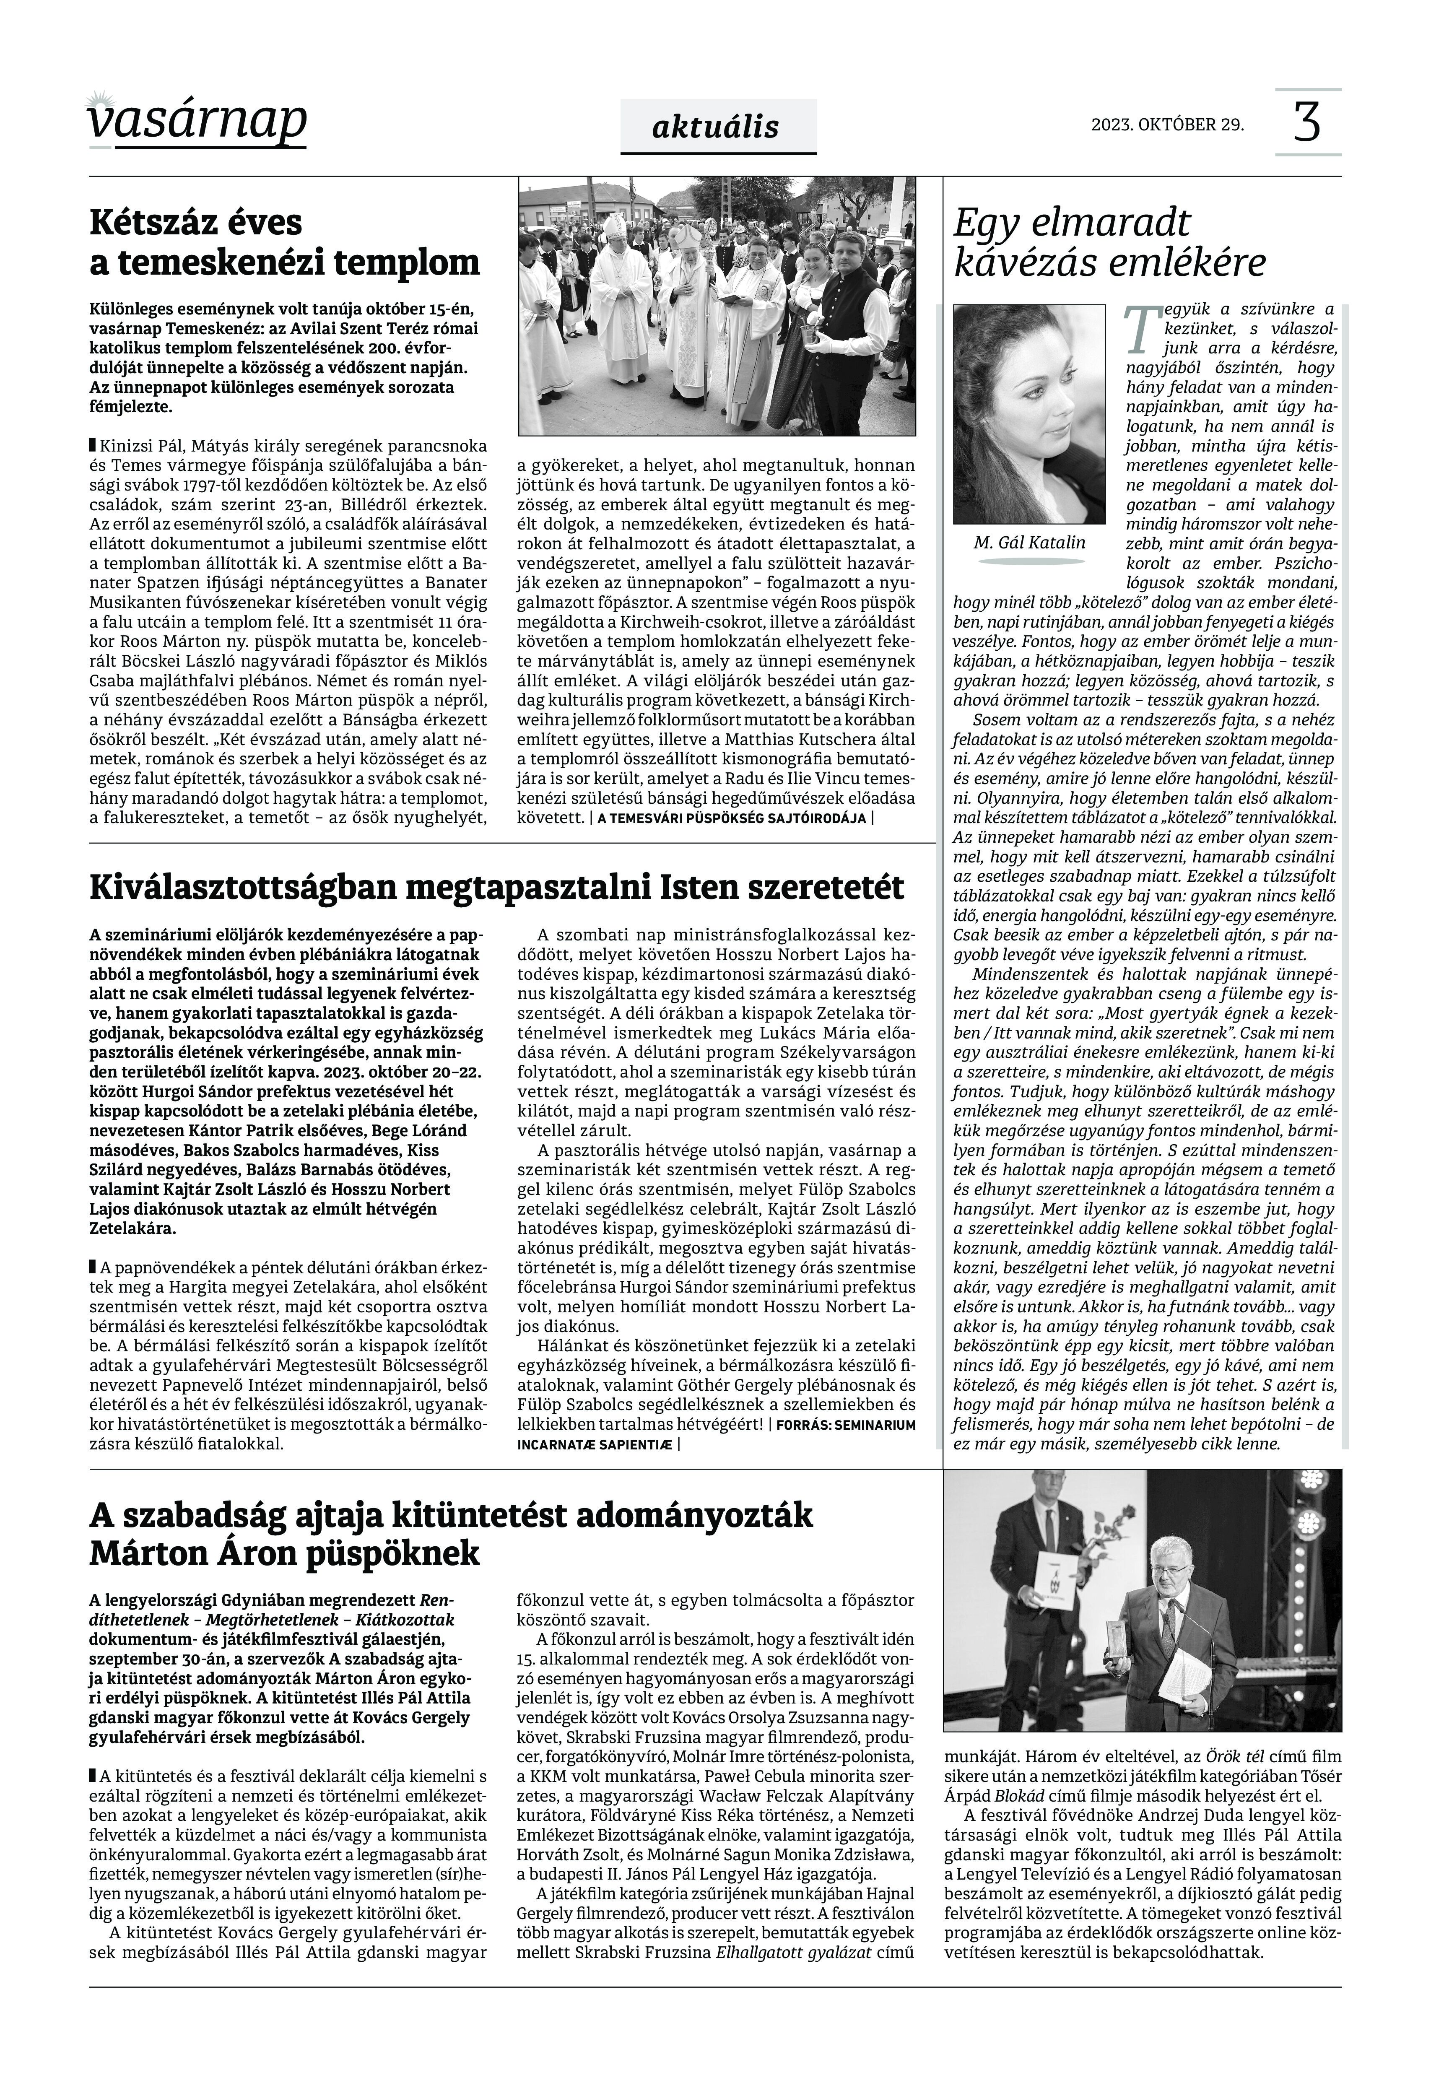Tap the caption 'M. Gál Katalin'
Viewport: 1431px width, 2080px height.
point(1028,543)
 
